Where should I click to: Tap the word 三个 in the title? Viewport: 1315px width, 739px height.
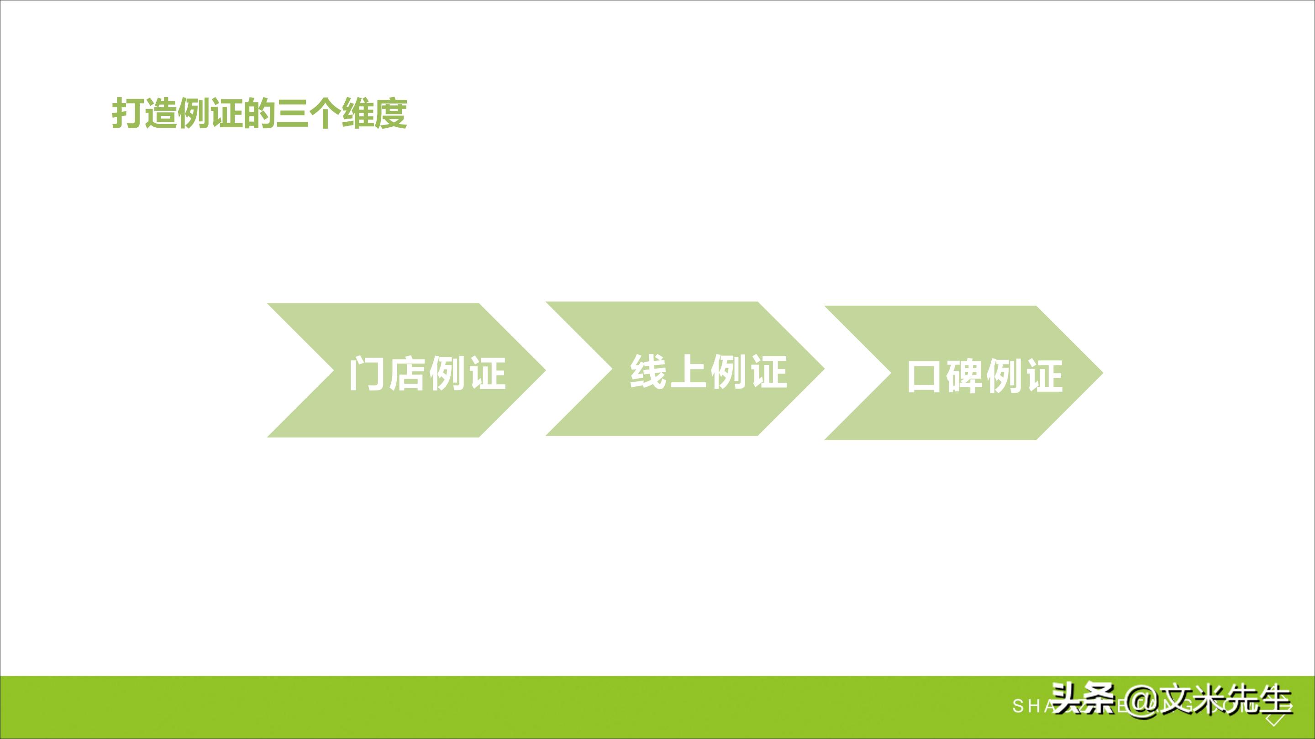pos(309,113)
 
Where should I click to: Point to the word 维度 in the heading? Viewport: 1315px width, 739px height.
pos(374,113)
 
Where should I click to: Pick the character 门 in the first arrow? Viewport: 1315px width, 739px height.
pos(366,374)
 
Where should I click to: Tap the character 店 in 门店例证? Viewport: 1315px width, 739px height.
pos(407,374)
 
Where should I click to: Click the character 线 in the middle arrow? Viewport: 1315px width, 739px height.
pos(648,371)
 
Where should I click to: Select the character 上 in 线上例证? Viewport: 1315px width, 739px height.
pos(688,371)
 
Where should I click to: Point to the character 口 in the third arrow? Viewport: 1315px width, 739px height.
pos(923,376)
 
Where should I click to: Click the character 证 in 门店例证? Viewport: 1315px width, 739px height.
pos(488,374)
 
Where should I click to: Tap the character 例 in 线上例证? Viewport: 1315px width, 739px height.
pos(728,371)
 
